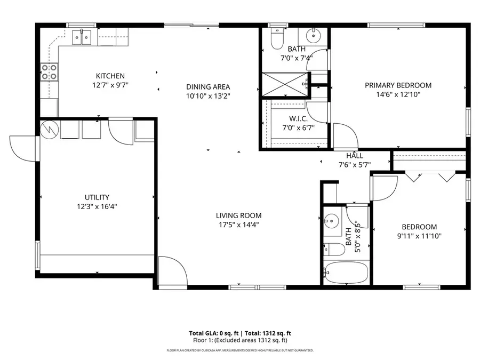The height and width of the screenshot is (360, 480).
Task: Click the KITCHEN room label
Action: [x=110, y=76]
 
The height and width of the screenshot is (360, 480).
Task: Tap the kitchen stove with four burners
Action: [x=49, y=71]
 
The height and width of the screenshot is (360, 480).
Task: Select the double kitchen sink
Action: [x=82, y=37]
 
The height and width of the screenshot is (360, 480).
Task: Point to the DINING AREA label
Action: [x=208, y=87]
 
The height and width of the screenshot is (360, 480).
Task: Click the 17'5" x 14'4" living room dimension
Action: [x=239, y=225]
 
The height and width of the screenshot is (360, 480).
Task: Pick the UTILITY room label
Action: [x=97, y=197]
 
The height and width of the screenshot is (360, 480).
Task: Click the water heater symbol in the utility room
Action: [x=49, y=130]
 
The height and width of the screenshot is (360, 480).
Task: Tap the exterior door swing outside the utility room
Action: [x=23, y=149]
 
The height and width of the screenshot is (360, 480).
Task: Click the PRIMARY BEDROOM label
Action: [x=398, y=85]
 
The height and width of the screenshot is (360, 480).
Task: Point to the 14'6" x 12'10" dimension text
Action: [x=398, y=94]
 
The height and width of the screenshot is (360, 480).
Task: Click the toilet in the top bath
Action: [x=277, y=39]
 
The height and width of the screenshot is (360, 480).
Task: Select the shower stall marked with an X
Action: [x=285, y=85]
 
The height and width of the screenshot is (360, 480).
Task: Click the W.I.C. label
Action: [x=299, y=119]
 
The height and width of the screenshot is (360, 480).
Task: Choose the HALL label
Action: [x=355, y=156]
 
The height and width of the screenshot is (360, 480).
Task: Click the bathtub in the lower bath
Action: [x=346, y=273]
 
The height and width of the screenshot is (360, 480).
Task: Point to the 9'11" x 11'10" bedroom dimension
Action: [x=419, y=236]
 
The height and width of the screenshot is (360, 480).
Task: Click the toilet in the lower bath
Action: [x=334, y=250]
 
